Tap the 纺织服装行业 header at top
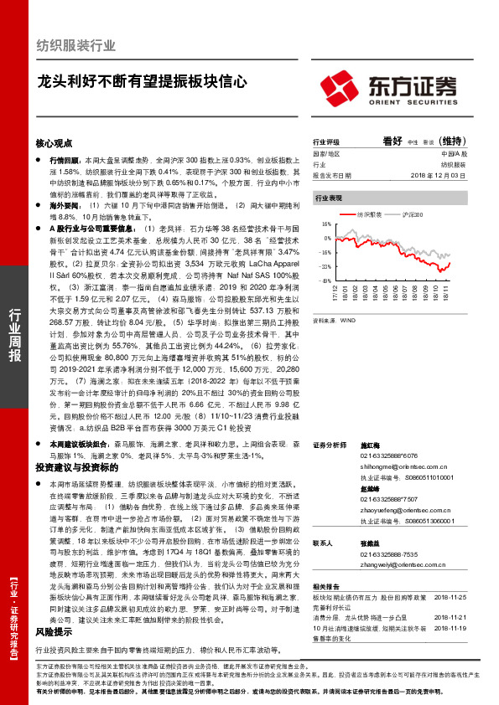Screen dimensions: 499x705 [73, 46]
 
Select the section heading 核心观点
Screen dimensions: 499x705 [54, 143]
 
